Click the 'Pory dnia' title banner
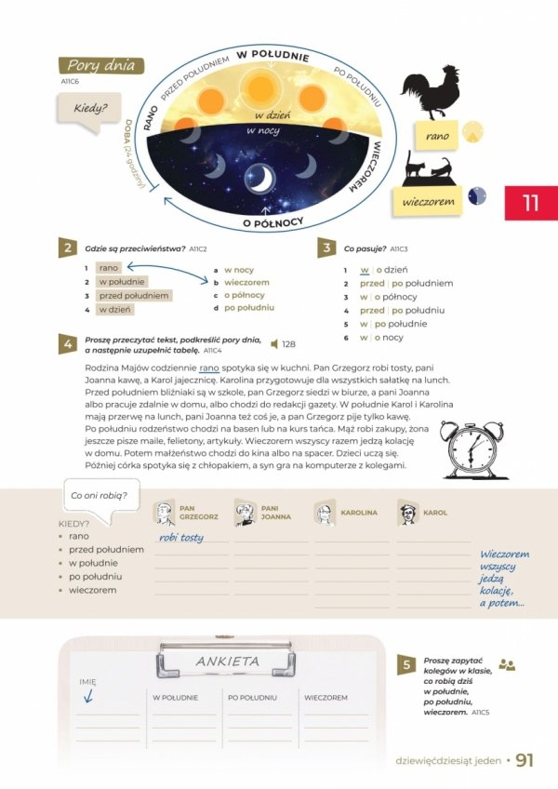click(100, 66)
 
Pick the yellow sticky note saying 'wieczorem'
click(427, 201)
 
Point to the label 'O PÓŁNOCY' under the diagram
click(273, 223)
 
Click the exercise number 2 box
click(68, 248)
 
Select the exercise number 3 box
click(327, 248)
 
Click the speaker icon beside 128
click(273, 344)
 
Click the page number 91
click(525, 761)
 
